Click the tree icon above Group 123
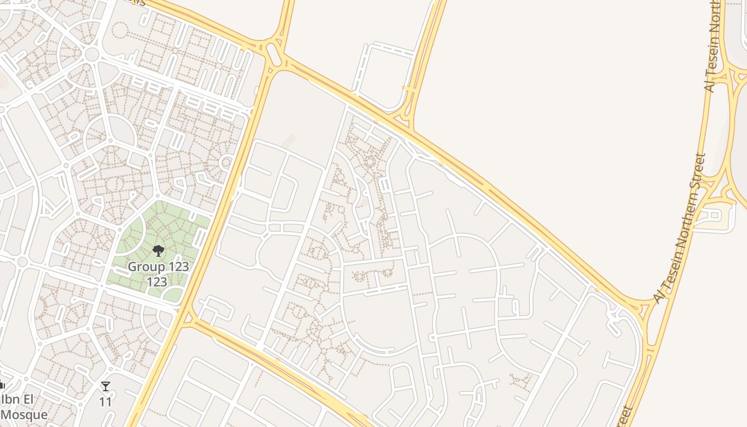(x=158, y=250)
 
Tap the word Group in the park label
(x=144, y=266)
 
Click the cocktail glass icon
(x=106, y=386)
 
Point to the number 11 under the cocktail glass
(x=106, y=401)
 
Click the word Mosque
(x=24, y=414)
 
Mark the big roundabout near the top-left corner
(x=92, y=54)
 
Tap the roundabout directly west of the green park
(x=22, y=262)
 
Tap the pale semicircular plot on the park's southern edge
(x=172, y=294)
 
